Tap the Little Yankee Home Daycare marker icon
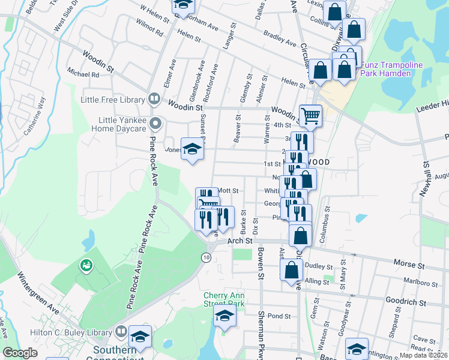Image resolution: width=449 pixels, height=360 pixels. click(155, 124)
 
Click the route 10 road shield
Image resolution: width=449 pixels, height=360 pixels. click(206, 257)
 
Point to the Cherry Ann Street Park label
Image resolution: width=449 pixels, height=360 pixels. click(224, 299)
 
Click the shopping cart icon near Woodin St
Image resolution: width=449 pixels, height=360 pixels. click(310, 115)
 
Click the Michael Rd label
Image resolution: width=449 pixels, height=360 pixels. click(83, 75)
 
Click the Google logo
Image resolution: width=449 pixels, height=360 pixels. click(20, 353)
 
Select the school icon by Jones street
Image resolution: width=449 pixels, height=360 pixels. click(192, 148)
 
